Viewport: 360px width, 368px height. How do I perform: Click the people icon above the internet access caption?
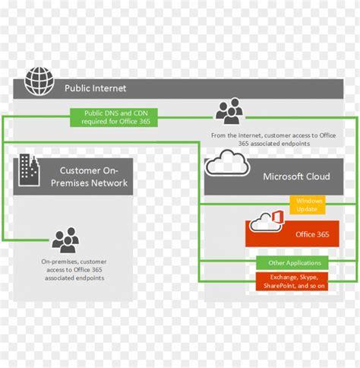pos(229,112)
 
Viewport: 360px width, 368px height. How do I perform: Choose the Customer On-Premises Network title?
pos(93,176)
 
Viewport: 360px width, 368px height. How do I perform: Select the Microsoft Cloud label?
pos(296,176)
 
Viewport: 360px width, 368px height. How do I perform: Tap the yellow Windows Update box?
pos(308,204)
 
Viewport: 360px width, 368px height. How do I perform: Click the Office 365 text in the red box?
pos(312,234)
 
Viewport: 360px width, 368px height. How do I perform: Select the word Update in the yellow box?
pos(308,208)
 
